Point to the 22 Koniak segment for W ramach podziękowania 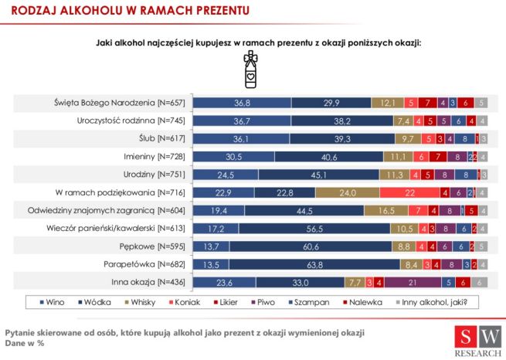click(x=409, y=192)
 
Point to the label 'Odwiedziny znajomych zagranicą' click(x=124, y=209)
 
